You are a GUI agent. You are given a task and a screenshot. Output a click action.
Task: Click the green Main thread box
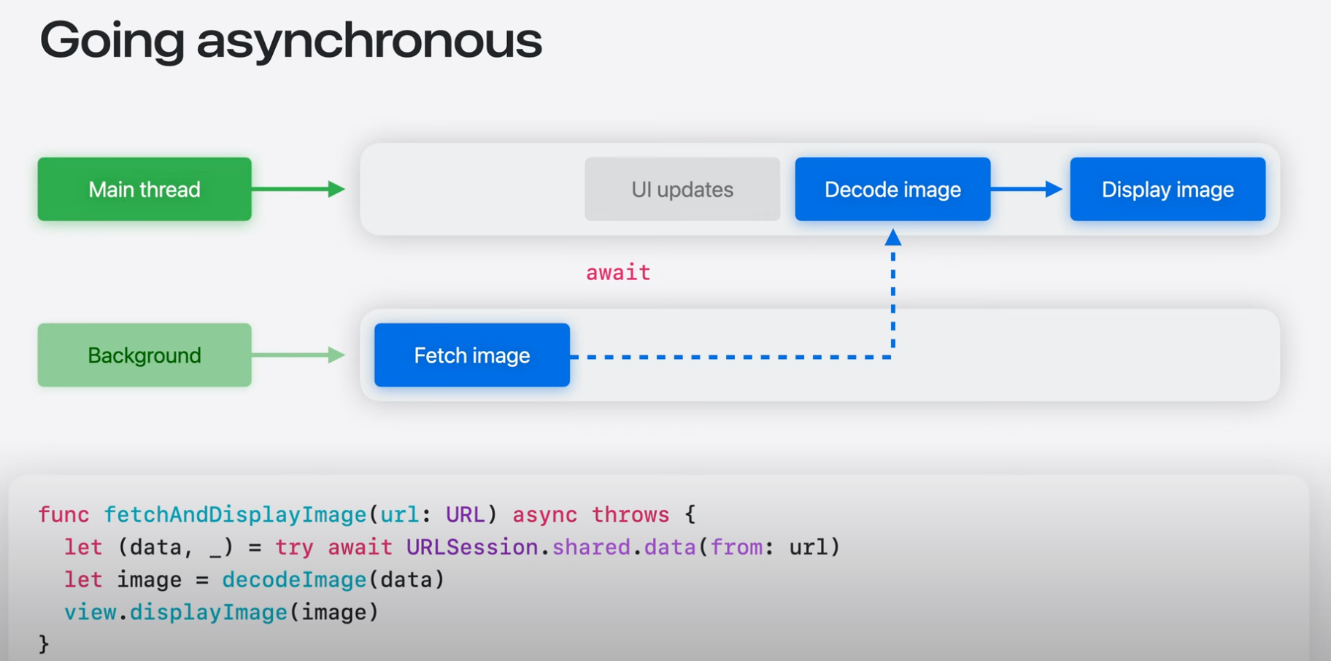click(x=144, y=189)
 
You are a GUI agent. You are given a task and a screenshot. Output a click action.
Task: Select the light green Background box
click(x=144, y=355)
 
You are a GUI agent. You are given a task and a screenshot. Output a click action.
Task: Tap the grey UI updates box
click(x=682, y=189)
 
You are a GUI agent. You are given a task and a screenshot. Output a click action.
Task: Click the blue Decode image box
click(x=892, y=189)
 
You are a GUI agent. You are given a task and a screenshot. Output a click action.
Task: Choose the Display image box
click(x=1168, y=189)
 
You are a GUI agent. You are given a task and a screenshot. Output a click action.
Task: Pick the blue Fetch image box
click(x=472, y=355)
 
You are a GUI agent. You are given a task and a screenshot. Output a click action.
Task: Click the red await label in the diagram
click(x=618, y=273)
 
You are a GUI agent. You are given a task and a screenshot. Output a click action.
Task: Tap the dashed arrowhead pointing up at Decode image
click(x=893, y=238)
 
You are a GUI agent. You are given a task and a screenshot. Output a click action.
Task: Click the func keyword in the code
click(x=63, y=515)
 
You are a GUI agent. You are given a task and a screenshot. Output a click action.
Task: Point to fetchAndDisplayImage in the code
click(x=235, y=515)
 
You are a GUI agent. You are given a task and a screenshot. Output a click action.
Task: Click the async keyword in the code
click(x=544, y=515)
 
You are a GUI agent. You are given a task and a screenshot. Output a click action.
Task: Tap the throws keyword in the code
click(x=630, y=515)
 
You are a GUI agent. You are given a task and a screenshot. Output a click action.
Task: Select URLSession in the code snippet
click(x=472, y=547)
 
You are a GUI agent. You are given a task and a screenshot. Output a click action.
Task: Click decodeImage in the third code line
click(x=294, y=580)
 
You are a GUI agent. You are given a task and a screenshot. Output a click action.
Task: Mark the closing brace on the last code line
click(x=44, y=643)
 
